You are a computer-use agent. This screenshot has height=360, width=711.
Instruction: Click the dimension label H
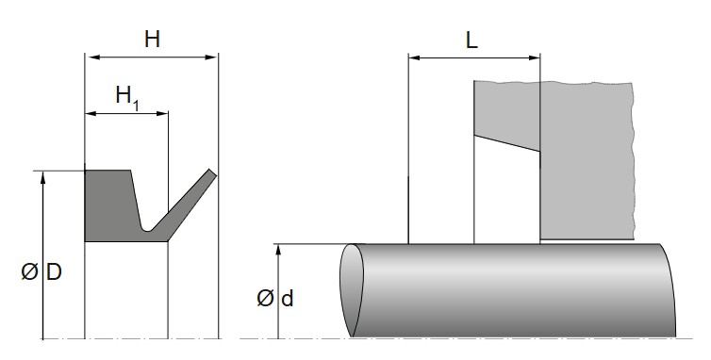(152, 40)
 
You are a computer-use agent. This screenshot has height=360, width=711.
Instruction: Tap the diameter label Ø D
(42, 272)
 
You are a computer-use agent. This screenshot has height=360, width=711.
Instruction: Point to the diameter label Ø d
(275, 299)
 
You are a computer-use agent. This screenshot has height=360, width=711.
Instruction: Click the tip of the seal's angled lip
(213, 174)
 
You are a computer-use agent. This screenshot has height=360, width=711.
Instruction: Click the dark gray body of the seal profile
(108, 207)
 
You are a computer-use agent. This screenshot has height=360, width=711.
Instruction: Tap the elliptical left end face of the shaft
(352, 290)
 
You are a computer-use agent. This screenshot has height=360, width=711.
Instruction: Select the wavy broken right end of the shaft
(669, 290)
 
